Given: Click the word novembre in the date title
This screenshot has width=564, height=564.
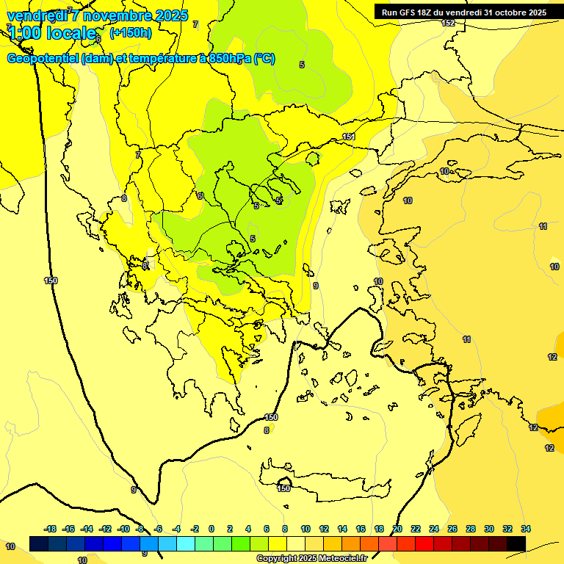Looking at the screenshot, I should pos(113,15).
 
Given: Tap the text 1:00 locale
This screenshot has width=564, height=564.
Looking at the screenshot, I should pos(51,33).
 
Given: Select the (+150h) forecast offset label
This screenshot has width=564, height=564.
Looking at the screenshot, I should pos(131,32).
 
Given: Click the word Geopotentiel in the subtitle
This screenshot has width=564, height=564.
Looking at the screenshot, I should pos(43,59).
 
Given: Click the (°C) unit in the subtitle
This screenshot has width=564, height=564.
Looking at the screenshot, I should pos(264,59).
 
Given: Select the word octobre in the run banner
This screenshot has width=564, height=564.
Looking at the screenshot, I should pos(510,12).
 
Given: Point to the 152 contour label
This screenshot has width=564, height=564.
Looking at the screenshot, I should pos(448,23).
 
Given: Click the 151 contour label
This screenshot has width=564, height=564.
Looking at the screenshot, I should pos(349,137).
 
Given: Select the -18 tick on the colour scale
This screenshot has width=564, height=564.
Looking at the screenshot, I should pos(51,529).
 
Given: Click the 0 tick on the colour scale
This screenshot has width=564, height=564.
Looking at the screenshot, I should pos(211,529).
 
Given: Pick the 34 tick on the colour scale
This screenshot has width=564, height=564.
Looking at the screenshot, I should pos(526,529).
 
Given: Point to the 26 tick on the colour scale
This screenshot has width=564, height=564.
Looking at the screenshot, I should pos(452,529).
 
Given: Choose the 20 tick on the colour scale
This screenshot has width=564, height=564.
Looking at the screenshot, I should pos(397,529).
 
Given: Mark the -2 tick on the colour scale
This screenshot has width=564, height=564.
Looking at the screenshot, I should pos(195,529).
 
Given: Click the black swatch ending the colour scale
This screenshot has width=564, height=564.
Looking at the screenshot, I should pos(516,543).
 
